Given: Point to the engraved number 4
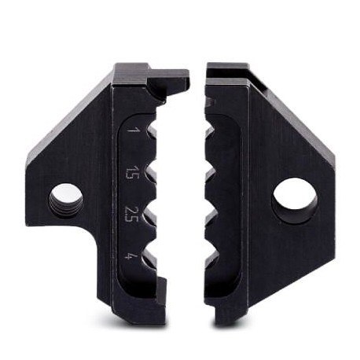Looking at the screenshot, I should pyautogui.click(x=129, y=255).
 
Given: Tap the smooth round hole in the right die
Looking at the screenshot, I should pyautogui.click(x=294, y=200).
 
